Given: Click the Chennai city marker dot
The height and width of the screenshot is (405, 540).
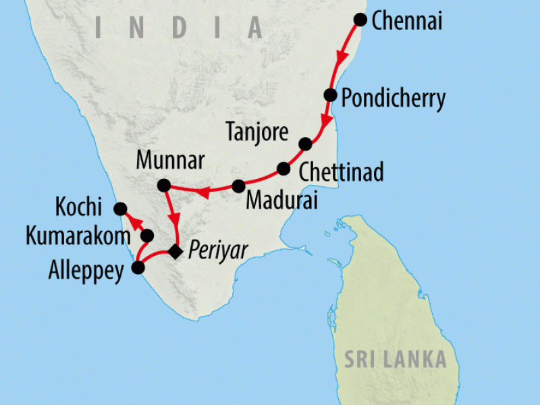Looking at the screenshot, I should (x=361, y=20).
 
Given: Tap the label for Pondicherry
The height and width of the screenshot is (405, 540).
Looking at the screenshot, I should (x=393, y=99).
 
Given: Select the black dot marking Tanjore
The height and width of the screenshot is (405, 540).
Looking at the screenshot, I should (x=305, y=144).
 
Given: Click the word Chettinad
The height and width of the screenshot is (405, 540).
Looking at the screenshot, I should (x=341, y=171).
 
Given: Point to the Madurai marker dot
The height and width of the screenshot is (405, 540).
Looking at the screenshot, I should (x=238, y=186).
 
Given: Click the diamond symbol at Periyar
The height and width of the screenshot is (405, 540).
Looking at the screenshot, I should (x=175, y=252).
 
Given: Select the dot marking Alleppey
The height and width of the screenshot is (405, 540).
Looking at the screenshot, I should (x=138, y=267).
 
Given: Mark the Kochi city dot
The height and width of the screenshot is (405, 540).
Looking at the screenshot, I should (x=120, y=209).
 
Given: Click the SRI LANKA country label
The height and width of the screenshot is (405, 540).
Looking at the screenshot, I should (x=396, y=359).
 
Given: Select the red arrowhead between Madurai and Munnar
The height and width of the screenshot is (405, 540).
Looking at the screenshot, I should (x=202, y=194).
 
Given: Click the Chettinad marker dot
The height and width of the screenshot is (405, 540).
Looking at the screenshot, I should (x=283, y=169).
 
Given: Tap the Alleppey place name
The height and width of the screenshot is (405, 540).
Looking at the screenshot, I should (x=86, y=271).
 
